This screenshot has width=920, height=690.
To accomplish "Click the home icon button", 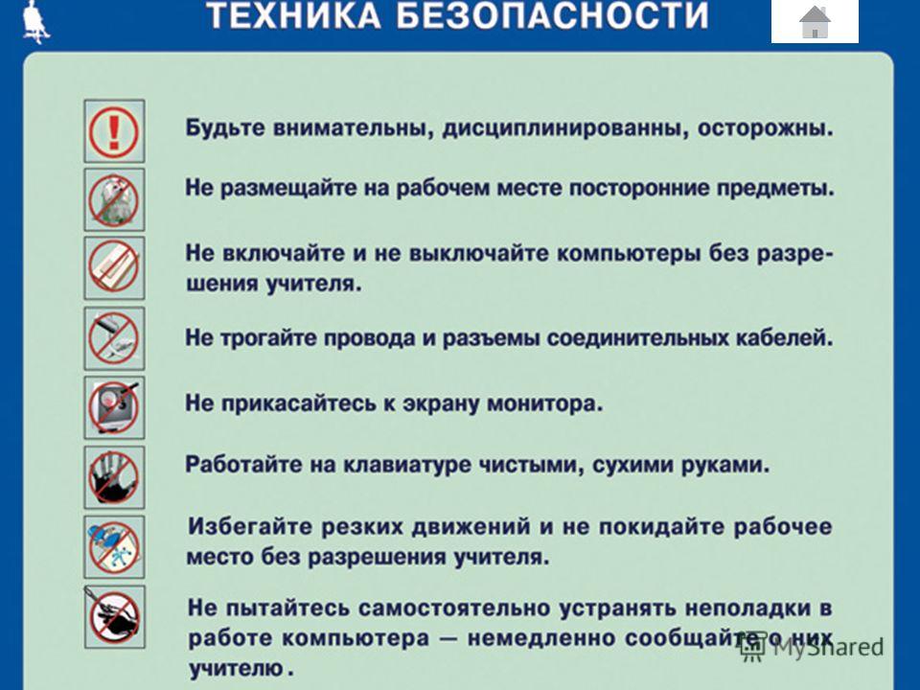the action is [815, 21].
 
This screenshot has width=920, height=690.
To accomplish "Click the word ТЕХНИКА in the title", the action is [293, 16].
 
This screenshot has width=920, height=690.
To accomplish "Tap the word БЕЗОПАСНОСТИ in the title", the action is [553, 16].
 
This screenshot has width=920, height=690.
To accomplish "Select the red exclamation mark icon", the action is [114, 131].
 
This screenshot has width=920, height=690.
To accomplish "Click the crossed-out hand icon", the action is [114, 477].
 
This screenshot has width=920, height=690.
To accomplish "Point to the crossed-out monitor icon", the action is [114, 408].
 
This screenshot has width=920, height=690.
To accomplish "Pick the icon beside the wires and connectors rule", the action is [114, 338].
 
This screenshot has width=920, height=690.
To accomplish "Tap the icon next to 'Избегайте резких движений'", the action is [114, 547].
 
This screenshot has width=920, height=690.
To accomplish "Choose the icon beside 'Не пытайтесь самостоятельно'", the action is [114, 616].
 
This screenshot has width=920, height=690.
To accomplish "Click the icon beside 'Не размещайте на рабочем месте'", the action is [114, 199].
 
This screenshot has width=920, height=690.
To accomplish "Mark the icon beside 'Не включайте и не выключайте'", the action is [114, 268].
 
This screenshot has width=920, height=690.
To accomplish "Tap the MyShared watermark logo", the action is [812, 647].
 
